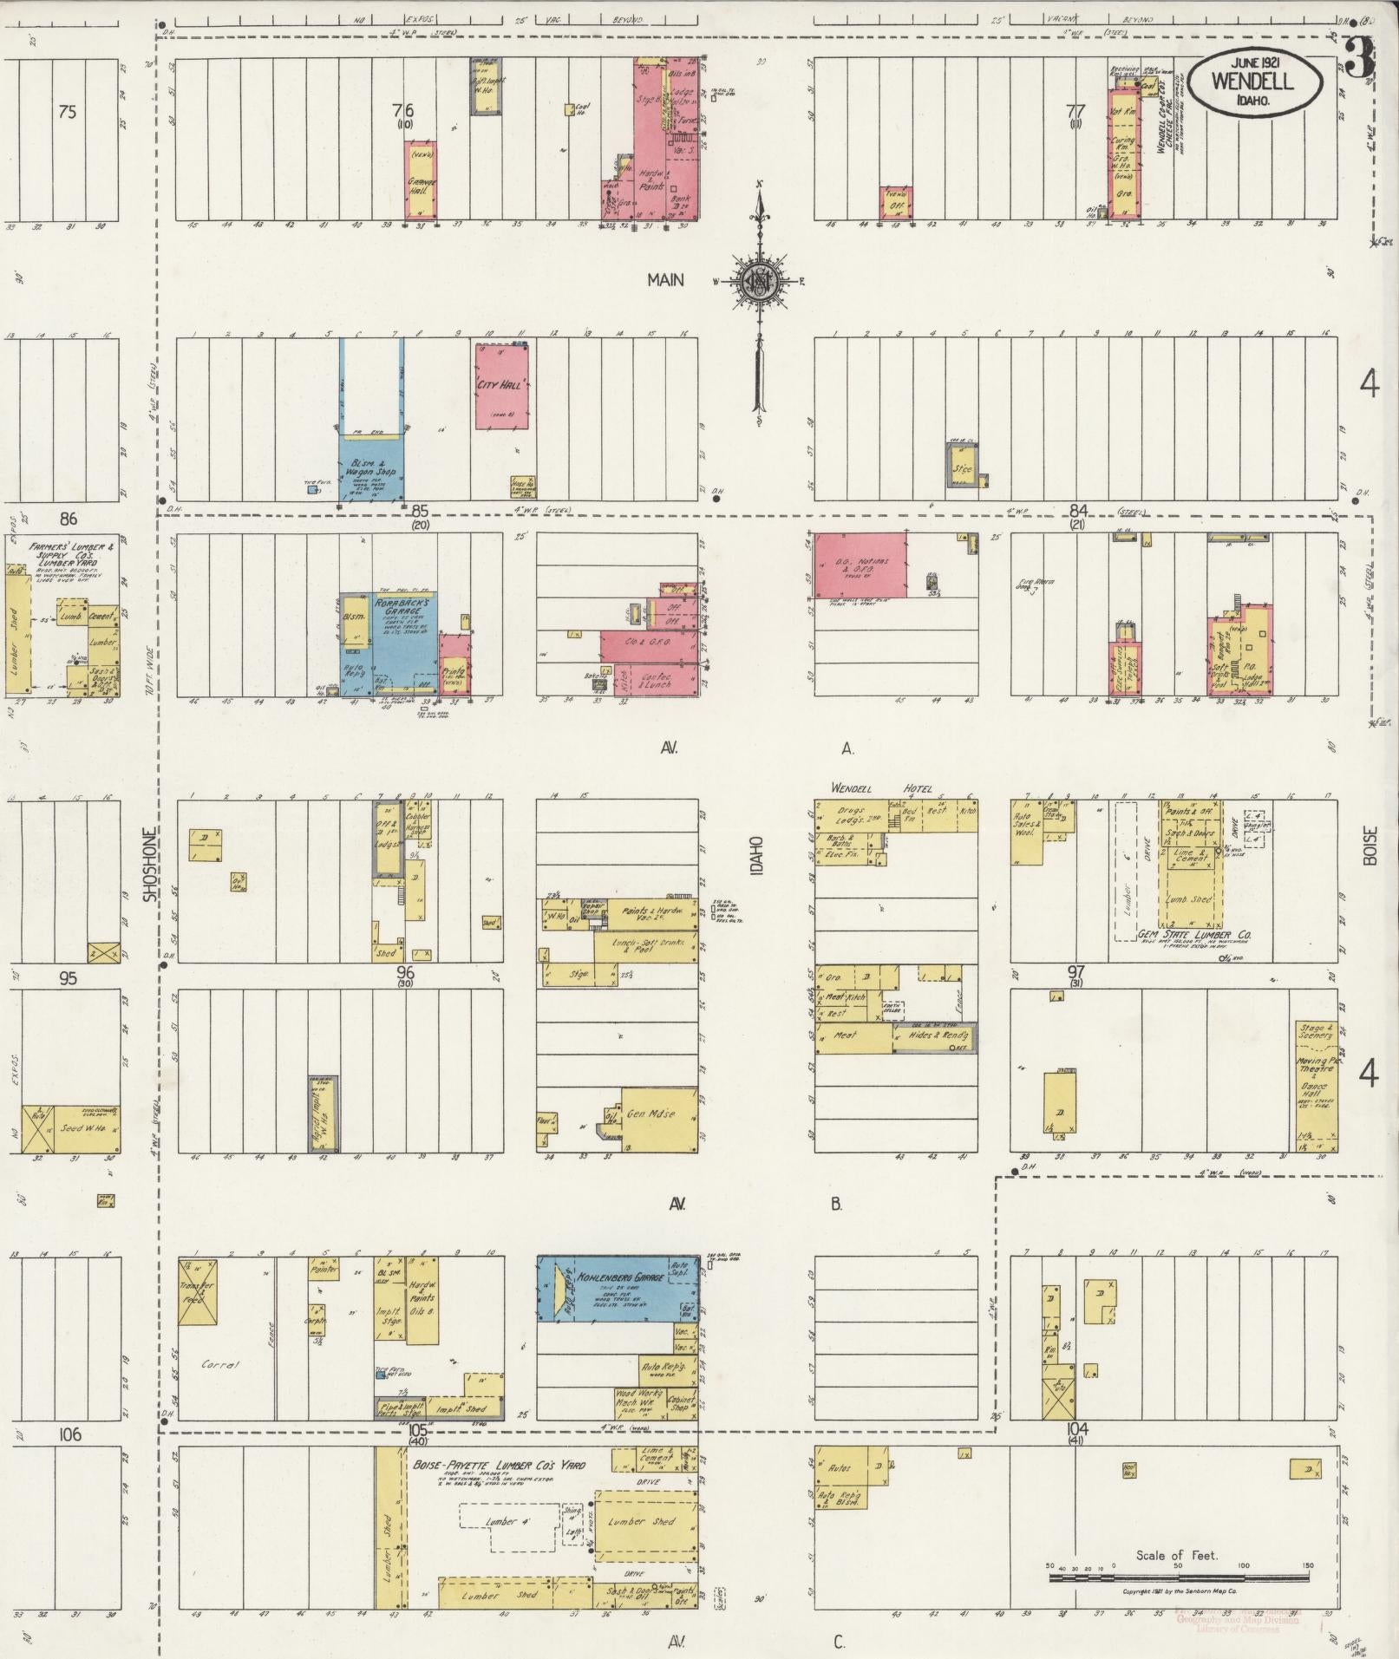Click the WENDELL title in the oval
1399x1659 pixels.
click(1254, 81)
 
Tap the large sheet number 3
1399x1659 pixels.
click(1360, 59)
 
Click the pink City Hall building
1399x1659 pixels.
click(503, 385)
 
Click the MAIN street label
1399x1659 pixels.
click(664, 279)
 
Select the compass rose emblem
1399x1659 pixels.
click(760, 279)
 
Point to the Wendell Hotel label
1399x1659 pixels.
click(880, 788)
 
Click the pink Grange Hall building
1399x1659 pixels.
click(421, 181)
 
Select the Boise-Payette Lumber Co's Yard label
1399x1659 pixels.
click(498, 1465)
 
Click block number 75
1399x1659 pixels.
click(68, 111)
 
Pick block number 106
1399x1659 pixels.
click(69, 1434)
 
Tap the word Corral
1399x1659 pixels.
click(219, 1364)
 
